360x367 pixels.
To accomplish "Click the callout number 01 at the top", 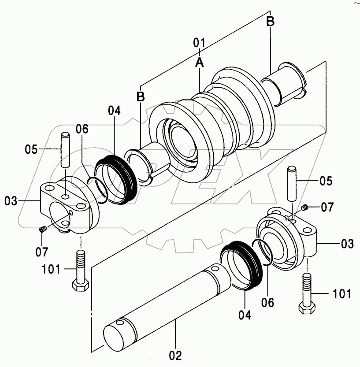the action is click(199, 43).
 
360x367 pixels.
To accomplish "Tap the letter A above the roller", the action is click(200, 62).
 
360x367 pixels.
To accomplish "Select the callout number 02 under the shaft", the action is click(175, 356).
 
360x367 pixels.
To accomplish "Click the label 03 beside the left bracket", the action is click(11, 201).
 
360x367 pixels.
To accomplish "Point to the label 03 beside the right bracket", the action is click(347, 244).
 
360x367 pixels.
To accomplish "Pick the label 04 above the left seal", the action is click(114, 111).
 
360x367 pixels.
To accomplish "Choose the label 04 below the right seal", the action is click(245, 315).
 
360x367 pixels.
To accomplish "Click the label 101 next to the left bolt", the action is click(51, 269).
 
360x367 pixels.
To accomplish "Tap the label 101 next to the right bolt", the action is click(342, 293).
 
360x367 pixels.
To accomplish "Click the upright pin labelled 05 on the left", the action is click(65, 150).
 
